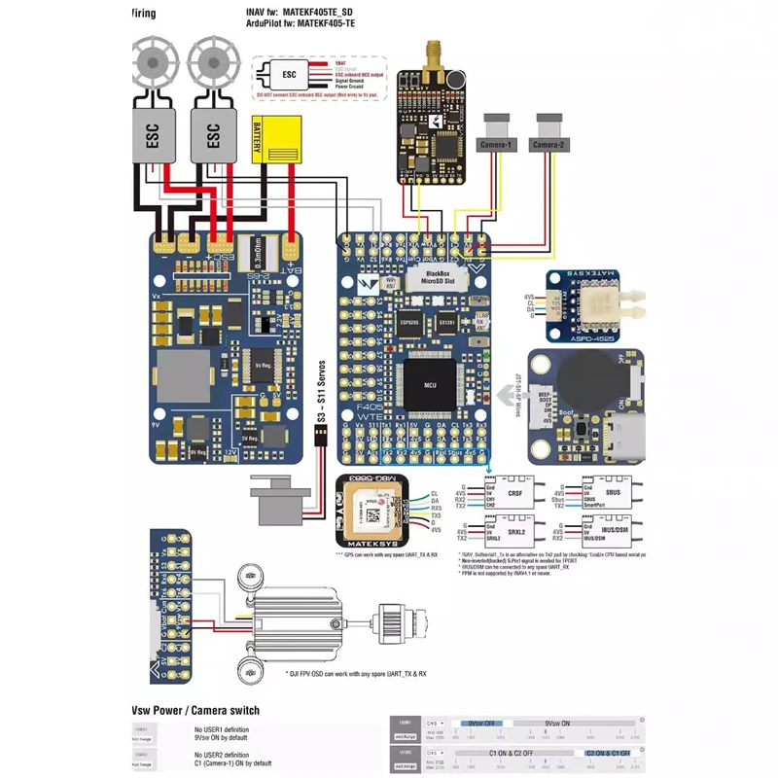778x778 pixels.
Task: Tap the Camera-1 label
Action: point(496,145)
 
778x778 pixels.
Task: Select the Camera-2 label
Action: point(549,145)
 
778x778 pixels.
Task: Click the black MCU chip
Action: point(430,385)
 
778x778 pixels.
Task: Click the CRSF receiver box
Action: point(512,495)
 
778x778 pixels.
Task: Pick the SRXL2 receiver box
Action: point(512,534)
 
